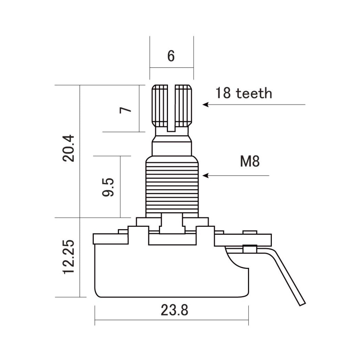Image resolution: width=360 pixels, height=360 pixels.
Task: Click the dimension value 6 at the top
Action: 171,56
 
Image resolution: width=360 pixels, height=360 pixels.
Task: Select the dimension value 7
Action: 125,110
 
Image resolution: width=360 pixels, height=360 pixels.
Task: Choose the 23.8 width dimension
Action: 174,310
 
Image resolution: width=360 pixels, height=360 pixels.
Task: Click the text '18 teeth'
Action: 244,93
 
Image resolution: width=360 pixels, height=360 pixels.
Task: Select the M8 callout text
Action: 250,161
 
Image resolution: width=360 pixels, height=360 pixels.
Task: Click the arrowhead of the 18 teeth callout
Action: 205,105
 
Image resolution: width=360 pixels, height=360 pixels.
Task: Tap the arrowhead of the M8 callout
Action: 205,176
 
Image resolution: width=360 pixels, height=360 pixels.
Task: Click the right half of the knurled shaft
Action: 183,106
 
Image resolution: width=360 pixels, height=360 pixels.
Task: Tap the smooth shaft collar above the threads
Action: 172,148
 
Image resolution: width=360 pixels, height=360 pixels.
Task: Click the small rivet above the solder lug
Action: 250,232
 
